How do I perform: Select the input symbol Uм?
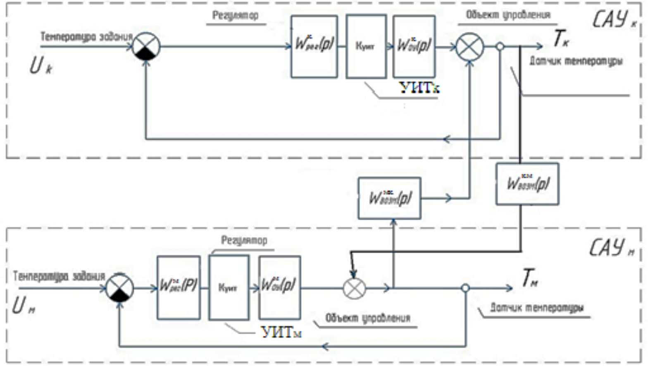(23, 306)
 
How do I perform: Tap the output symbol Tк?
(561, 39)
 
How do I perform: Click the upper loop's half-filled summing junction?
(146, 46)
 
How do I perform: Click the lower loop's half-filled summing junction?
(120, 288)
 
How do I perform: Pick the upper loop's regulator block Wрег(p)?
(314, 46)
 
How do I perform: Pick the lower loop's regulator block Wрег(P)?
(179, 287)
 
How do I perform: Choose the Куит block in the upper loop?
(366, 46)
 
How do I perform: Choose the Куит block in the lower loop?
(229, 287)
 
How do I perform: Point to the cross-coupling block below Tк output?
(527, 184)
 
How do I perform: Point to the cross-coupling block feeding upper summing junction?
(389, 198)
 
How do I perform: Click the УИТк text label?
(419, 88)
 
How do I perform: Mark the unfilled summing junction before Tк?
(470, 47)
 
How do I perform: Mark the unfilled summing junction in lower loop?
(355, 288)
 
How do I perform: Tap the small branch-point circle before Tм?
(465, 288)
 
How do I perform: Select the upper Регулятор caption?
(236, 16)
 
